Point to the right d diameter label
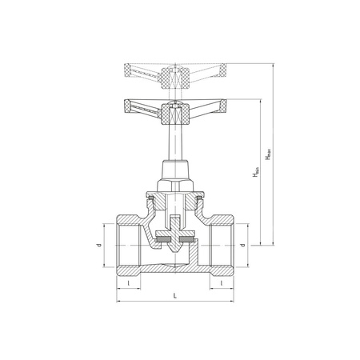pos(254,246)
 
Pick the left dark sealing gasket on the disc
pos(162,238)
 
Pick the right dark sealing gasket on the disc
pos(189,238)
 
